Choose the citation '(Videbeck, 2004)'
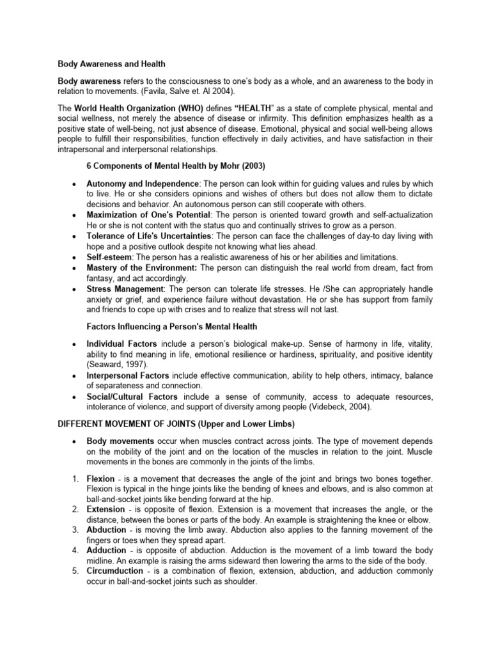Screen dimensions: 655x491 point(355,406)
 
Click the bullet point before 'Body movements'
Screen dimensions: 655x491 point(75,441)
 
